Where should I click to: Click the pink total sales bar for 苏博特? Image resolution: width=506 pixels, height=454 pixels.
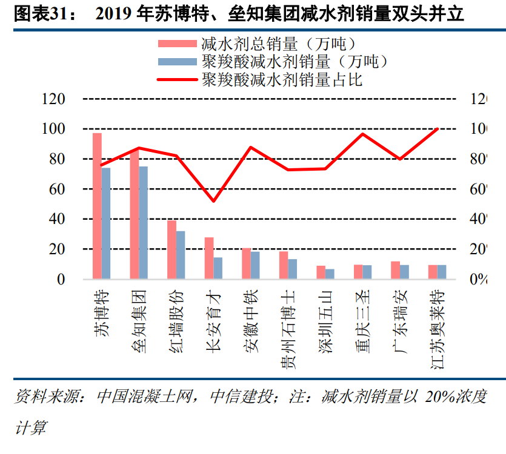pos(97,206)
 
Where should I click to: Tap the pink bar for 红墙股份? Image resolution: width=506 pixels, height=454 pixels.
pos(171,249)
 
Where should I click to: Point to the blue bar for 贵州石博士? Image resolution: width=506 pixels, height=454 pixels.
pos(293,269)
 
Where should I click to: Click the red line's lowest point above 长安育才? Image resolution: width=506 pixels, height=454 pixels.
pos(213,201)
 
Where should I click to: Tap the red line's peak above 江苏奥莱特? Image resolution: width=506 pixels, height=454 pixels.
pos(437,129)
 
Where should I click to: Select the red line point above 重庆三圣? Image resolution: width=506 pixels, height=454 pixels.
pos(362,134)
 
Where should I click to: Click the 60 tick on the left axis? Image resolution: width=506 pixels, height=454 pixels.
pos(58,189)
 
